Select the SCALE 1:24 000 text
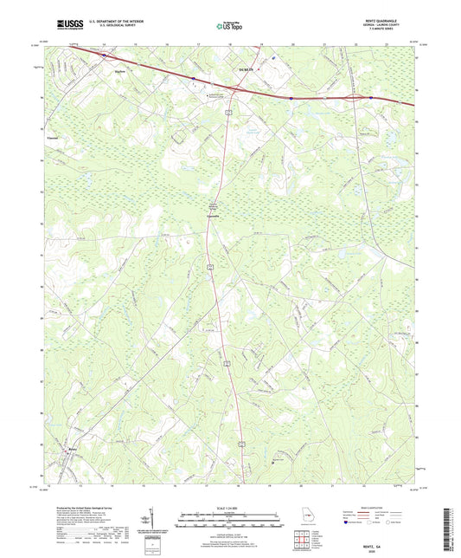pyautogui.click(x=230, y=507)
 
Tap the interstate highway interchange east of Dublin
pyautogui.click(x=352, y=97)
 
